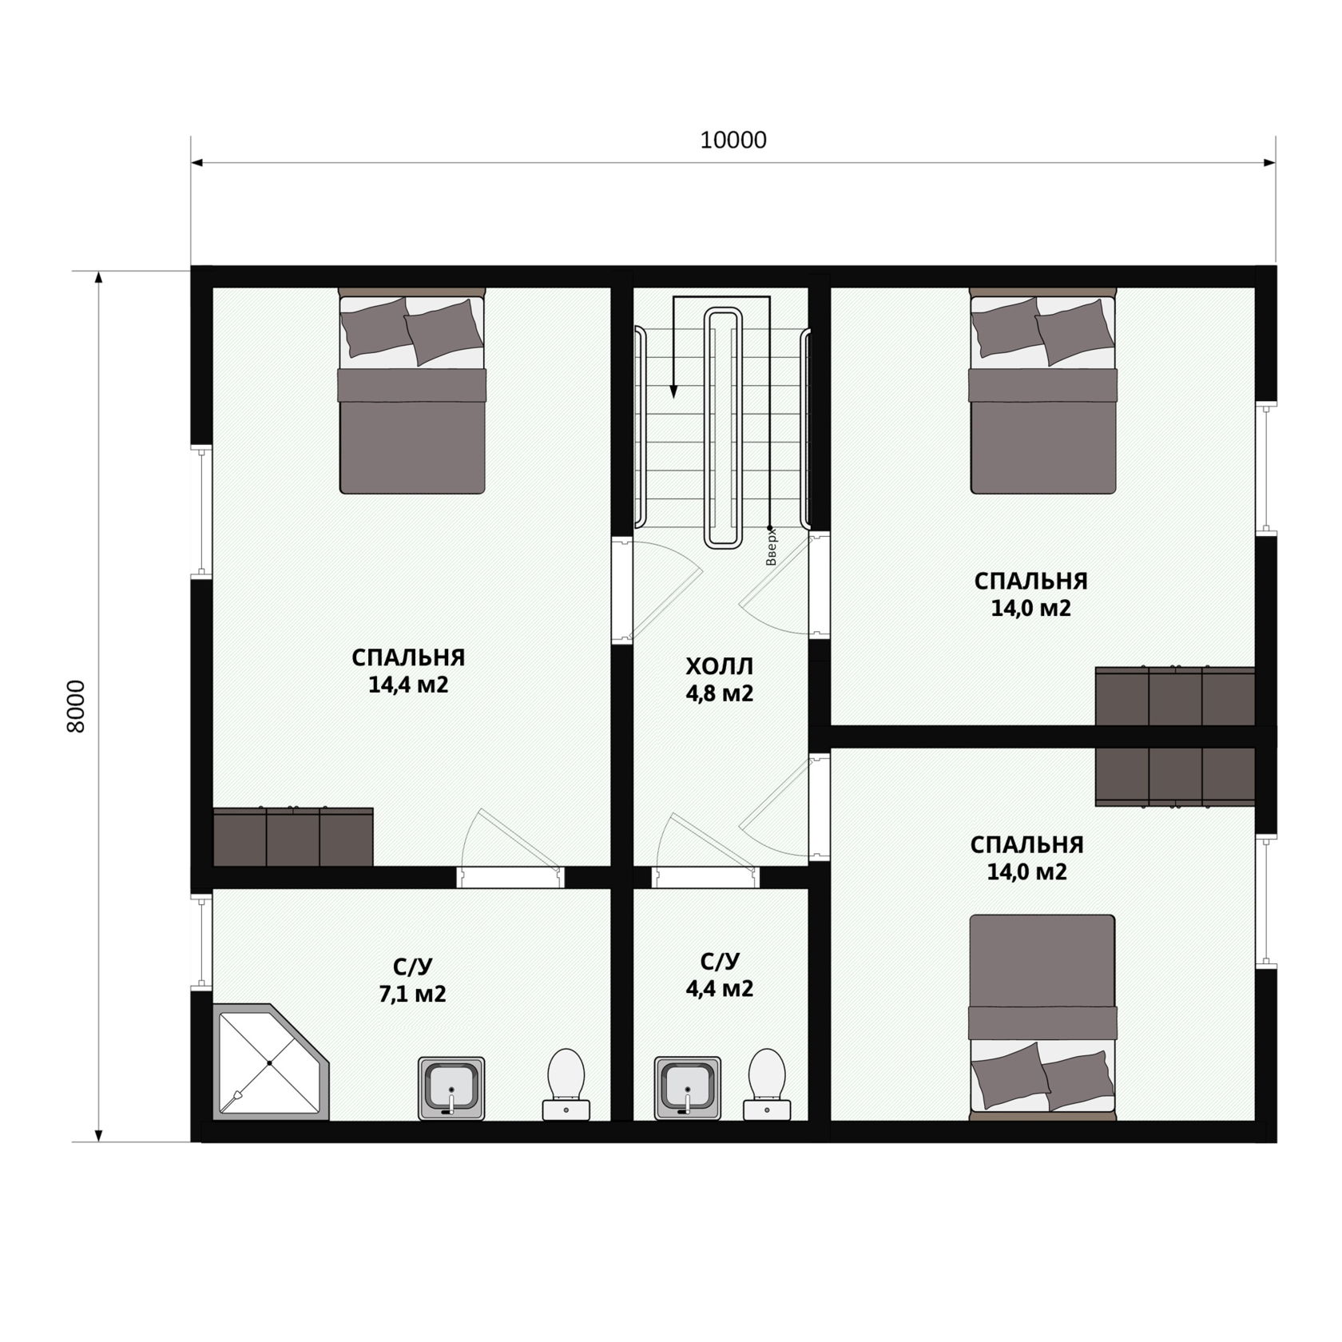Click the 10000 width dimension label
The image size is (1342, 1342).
coord(733,141)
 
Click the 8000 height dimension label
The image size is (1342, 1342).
coord(76,706)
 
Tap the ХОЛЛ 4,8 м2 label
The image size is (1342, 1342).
coord(719,680)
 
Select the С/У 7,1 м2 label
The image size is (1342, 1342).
coord(412,980)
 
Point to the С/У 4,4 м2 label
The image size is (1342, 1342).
coord(719,975)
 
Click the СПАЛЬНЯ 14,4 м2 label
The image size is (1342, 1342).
coord(408,671)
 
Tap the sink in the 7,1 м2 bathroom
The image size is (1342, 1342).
coord(451,1088)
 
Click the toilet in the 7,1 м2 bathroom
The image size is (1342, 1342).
coord(566,1084)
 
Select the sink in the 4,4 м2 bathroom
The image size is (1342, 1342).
coord(687,1088)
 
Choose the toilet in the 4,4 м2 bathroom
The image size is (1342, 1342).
coord(767,1084)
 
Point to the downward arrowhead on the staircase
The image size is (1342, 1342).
coord(673,391)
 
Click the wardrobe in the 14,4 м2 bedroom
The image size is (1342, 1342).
coord(293,836)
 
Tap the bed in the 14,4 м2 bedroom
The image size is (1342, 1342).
coord(412,391)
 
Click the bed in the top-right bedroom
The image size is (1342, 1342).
coord(1042,391)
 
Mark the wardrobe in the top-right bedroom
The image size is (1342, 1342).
coord(1174,696)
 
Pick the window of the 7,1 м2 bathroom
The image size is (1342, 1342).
coord(203,941)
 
